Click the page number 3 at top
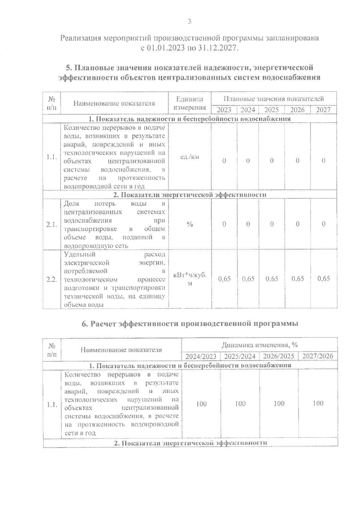[189, 22]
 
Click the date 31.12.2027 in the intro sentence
[219, 48]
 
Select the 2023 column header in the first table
[224, 110]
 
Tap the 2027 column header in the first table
[323, 110]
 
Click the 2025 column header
[272, 110]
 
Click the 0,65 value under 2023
[224, 279]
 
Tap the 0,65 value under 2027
[324, 279]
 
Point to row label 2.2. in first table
[52, 279]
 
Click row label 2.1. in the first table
[52, 225]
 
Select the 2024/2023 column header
[201, 356]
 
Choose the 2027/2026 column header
[318, 356]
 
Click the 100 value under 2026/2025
[279, 403]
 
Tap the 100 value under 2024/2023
[201, 404]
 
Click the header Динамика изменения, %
[259, 345]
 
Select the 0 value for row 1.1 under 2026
[297, 161]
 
